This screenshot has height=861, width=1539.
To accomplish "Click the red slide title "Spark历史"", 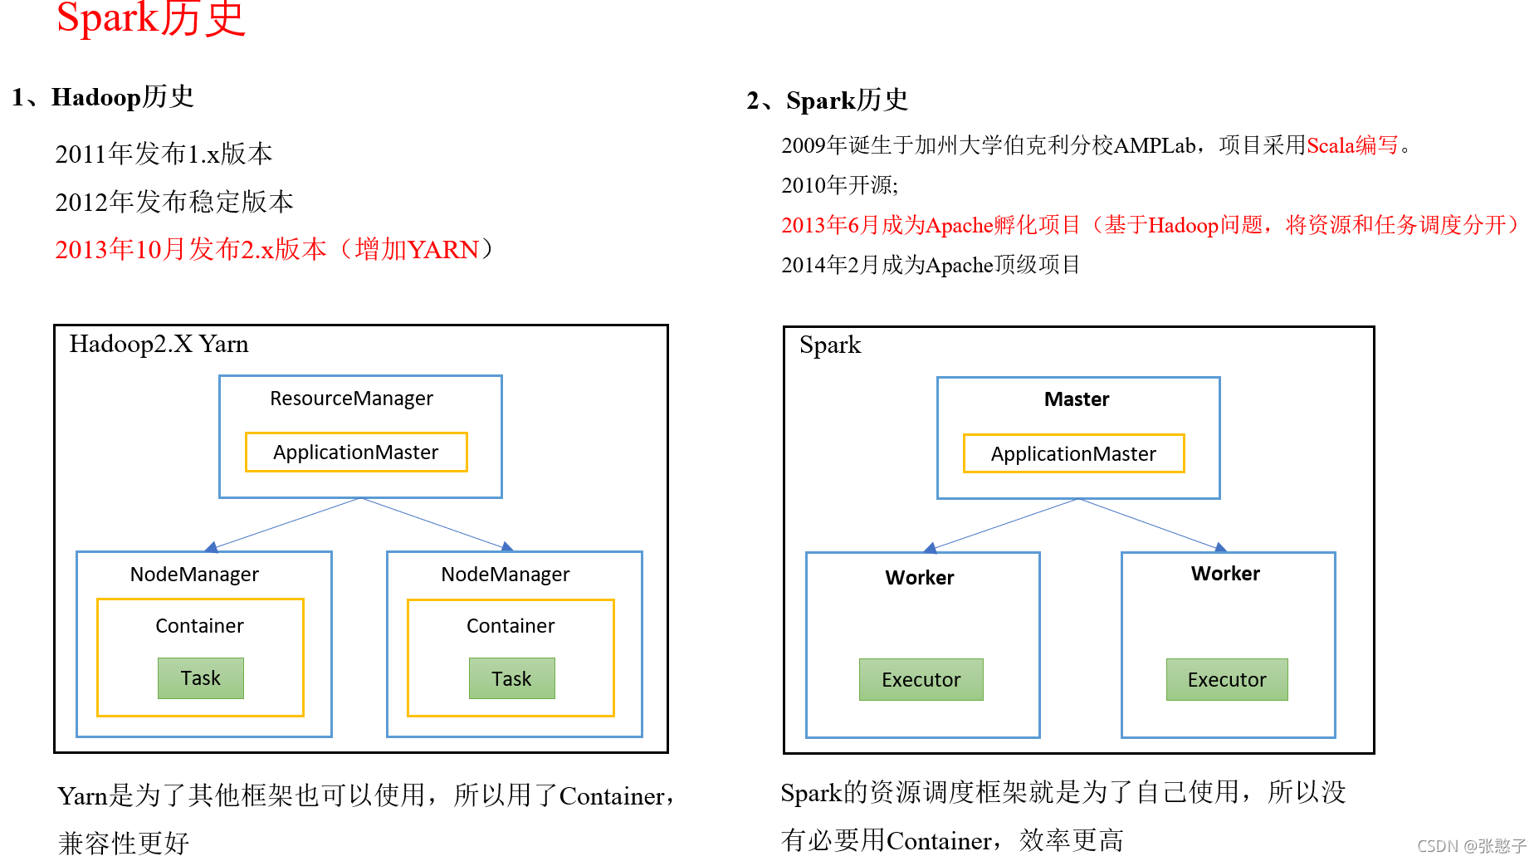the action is (151, 18).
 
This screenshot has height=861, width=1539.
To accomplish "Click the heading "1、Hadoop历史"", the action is (103, 97).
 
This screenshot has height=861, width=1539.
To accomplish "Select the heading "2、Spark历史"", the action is (827, 100).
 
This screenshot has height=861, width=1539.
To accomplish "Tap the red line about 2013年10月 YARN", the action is (274, 249).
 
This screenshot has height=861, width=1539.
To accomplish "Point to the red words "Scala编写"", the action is (1352, 146).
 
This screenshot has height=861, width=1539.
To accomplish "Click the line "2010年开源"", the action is (839, 185).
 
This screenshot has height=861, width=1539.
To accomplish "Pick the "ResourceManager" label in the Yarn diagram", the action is (351, 399).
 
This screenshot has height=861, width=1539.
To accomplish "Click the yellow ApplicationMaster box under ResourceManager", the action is (356, 453).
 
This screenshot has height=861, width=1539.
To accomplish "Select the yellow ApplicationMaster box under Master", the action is (1073, 454).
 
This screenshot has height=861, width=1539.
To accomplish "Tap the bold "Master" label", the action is (1077, 399).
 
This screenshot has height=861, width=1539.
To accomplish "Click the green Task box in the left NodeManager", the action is (201, 678).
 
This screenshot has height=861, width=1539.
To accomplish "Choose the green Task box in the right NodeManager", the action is (511, 679).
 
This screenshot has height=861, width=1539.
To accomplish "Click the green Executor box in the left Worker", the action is (921, 680).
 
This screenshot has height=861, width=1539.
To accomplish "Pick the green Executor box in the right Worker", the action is (1227, 680).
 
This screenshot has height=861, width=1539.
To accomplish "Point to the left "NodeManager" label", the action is (194, 575).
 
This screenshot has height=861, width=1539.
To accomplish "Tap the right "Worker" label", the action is (1225, 574).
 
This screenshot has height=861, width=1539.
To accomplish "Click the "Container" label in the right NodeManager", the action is (511, 626).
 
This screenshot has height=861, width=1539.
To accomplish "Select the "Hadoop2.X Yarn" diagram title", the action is (159, 344).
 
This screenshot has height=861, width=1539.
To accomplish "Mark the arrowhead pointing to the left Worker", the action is (931, 548).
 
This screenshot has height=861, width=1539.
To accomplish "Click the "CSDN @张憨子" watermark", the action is (1471, 846).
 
